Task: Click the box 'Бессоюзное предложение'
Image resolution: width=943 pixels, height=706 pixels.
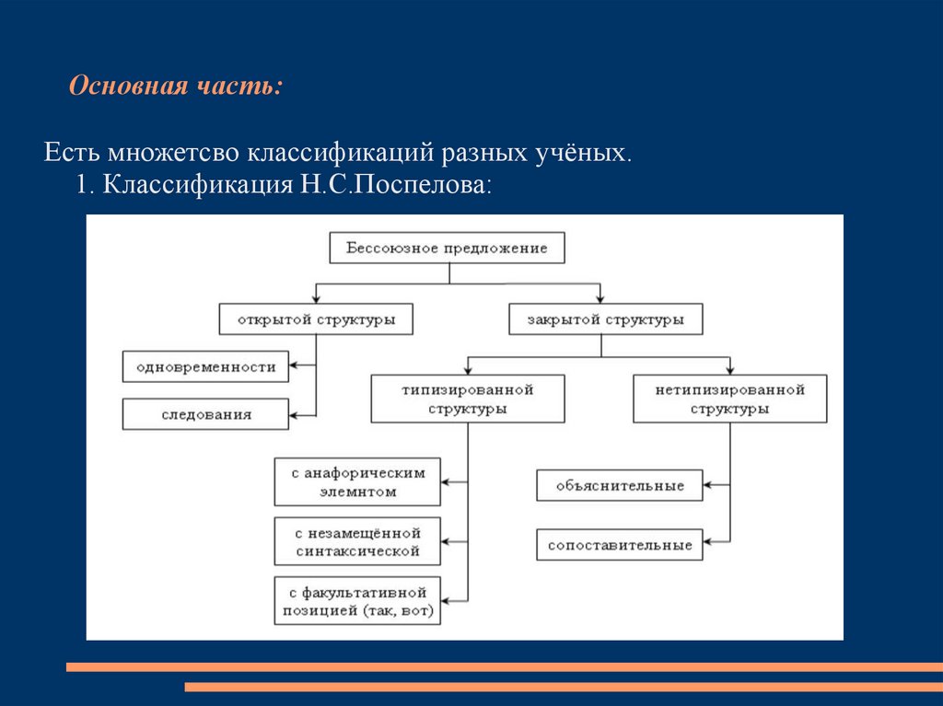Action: pos(447,249)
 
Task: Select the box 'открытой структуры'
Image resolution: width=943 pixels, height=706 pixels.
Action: pos(316,319)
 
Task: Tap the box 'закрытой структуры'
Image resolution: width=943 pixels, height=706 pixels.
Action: pos(605,319)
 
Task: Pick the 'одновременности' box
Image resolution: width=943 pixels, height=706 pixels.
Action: pos(205,366)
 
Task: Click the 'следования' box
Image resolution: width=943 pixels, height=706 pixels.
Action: pos(205,414)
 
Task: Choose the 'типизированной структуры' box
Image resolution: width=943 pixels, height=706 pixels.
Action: pos(467,399)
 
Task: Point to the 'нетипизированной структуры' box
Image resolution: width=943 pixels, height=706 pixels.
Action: pos(730,399)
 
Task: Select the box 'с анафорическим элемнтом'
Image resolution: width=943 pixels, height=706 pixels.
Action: pos(357,482)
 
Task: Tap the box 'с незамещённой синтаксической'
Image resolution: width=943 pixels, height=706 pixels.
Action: pos(357,541)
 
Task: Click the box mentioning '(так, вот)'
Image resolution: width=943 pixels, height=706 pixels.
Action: pos(357,601)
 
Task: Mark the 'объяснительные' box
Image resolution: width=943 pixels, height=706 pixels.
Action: pos(620,485)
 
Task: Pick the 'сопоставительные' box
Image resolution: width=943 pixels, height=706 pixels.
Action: pos(620,545)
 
